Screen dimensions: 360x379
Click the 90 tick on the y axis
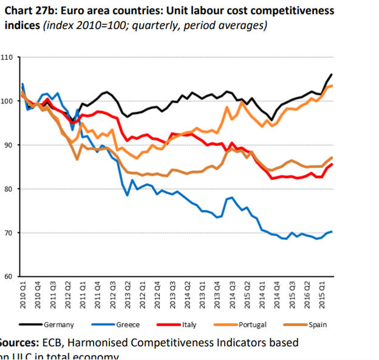(8, 145)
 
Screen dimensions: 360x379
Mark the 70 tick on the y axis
(8, 233)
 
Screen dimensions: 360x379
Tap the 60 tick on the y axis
(8, 277)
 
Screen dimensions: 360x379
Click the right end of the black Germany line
(331, 74)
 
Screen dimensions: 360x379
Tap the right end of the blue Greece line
(331, 232)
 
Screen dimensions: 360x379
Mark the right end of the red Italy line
(331, 164)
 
